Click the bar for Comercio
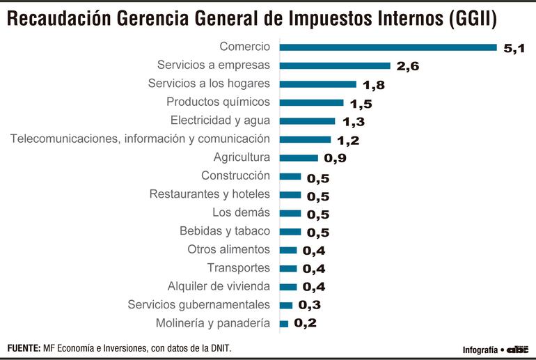388,47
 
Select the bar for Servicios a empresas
335,66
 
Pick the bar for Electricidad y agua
307,120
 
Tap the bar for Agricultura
299,158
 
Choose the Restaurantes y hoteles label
209,194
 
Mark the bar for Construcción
290,176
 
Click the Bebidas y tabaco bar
290,231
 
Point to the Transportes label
238,268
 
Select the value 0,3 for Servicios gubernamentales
310,305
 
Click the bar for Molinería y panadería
283,324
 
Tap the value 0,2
306,323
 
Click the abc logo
517,349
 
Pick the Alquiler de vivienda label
219,286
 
